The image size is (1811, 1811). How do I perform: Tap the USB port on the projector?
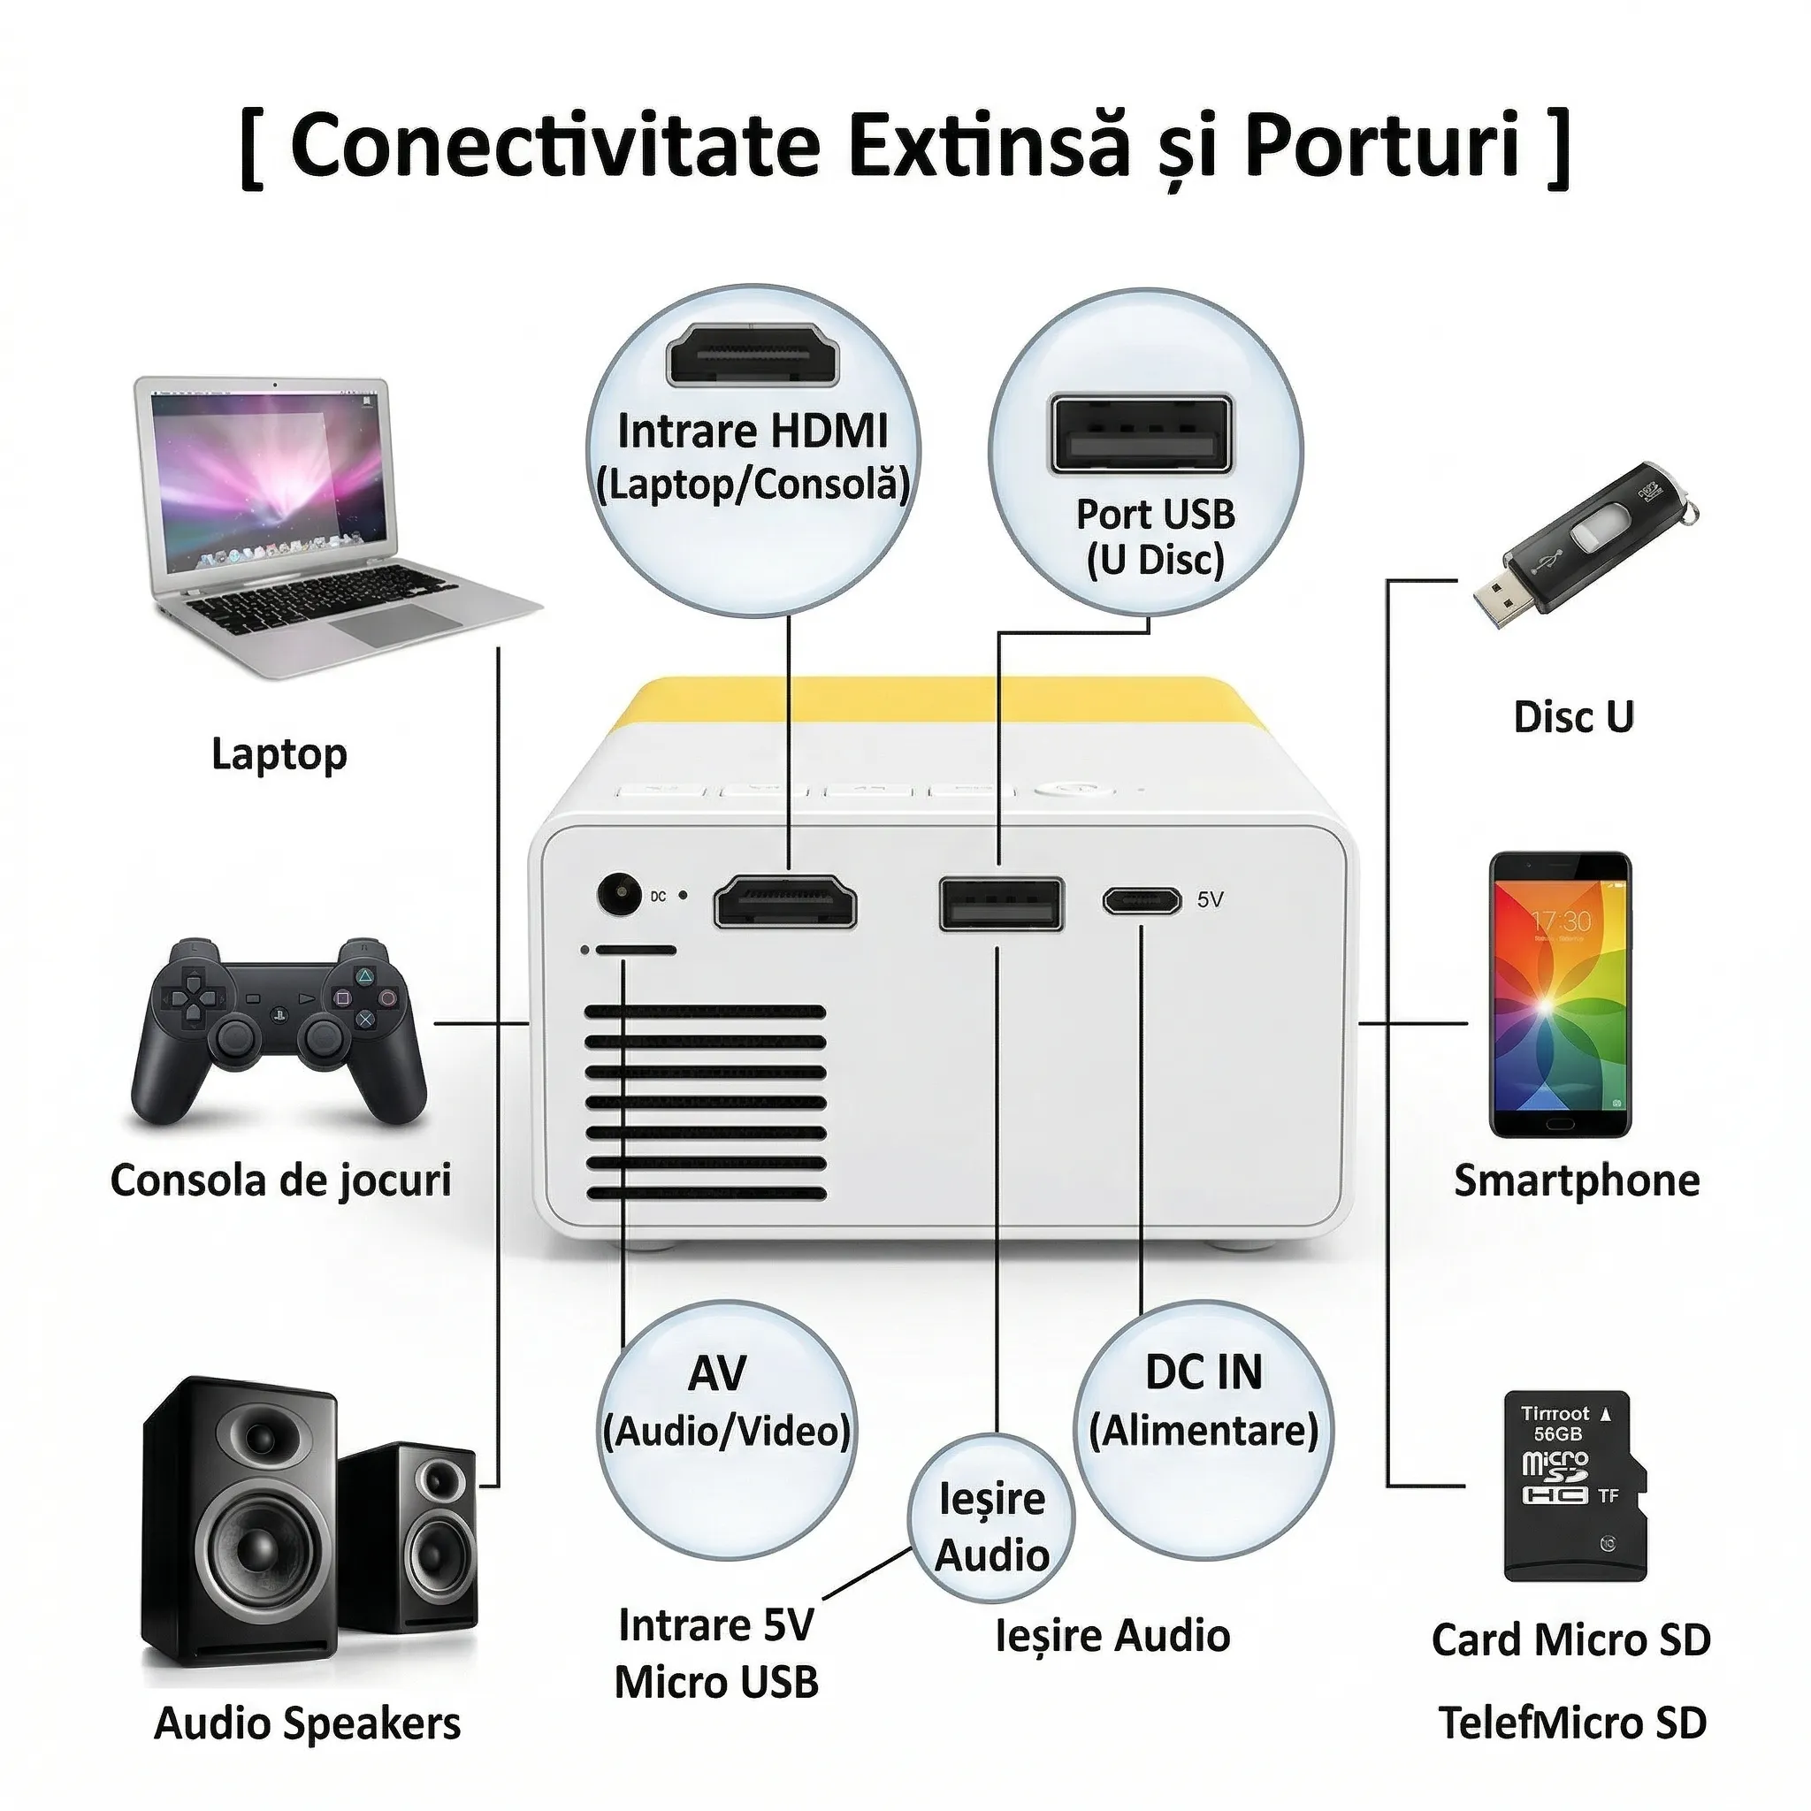(x=1001, y=904)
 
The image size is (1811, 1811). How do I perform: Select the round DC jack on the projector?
(x=619, y=895)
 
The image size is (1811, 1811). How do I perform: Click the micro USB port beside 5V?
(x=1141, y=901)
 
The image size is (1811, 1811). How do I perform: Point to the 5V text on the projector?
(x=1211, y=900)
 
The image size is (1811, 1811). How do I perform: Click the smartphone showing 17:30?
(x=1561, y=995)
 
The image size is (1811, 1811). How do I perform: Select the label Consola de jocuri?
(x=281, y=1181)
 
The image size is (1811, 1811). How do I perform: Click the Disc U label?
(x=1574, y=717)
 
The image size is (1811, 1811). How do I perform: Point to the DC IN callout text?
(x=1204, y=1374)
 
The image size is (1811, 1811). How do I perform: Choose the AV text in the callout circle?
(x=716, y=1374)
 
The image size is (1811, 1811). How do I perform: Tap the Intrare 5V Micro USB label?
(x=716, y=1654)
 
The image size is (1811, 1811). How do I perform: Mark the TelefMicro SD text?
(x=1572, y=1723)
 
